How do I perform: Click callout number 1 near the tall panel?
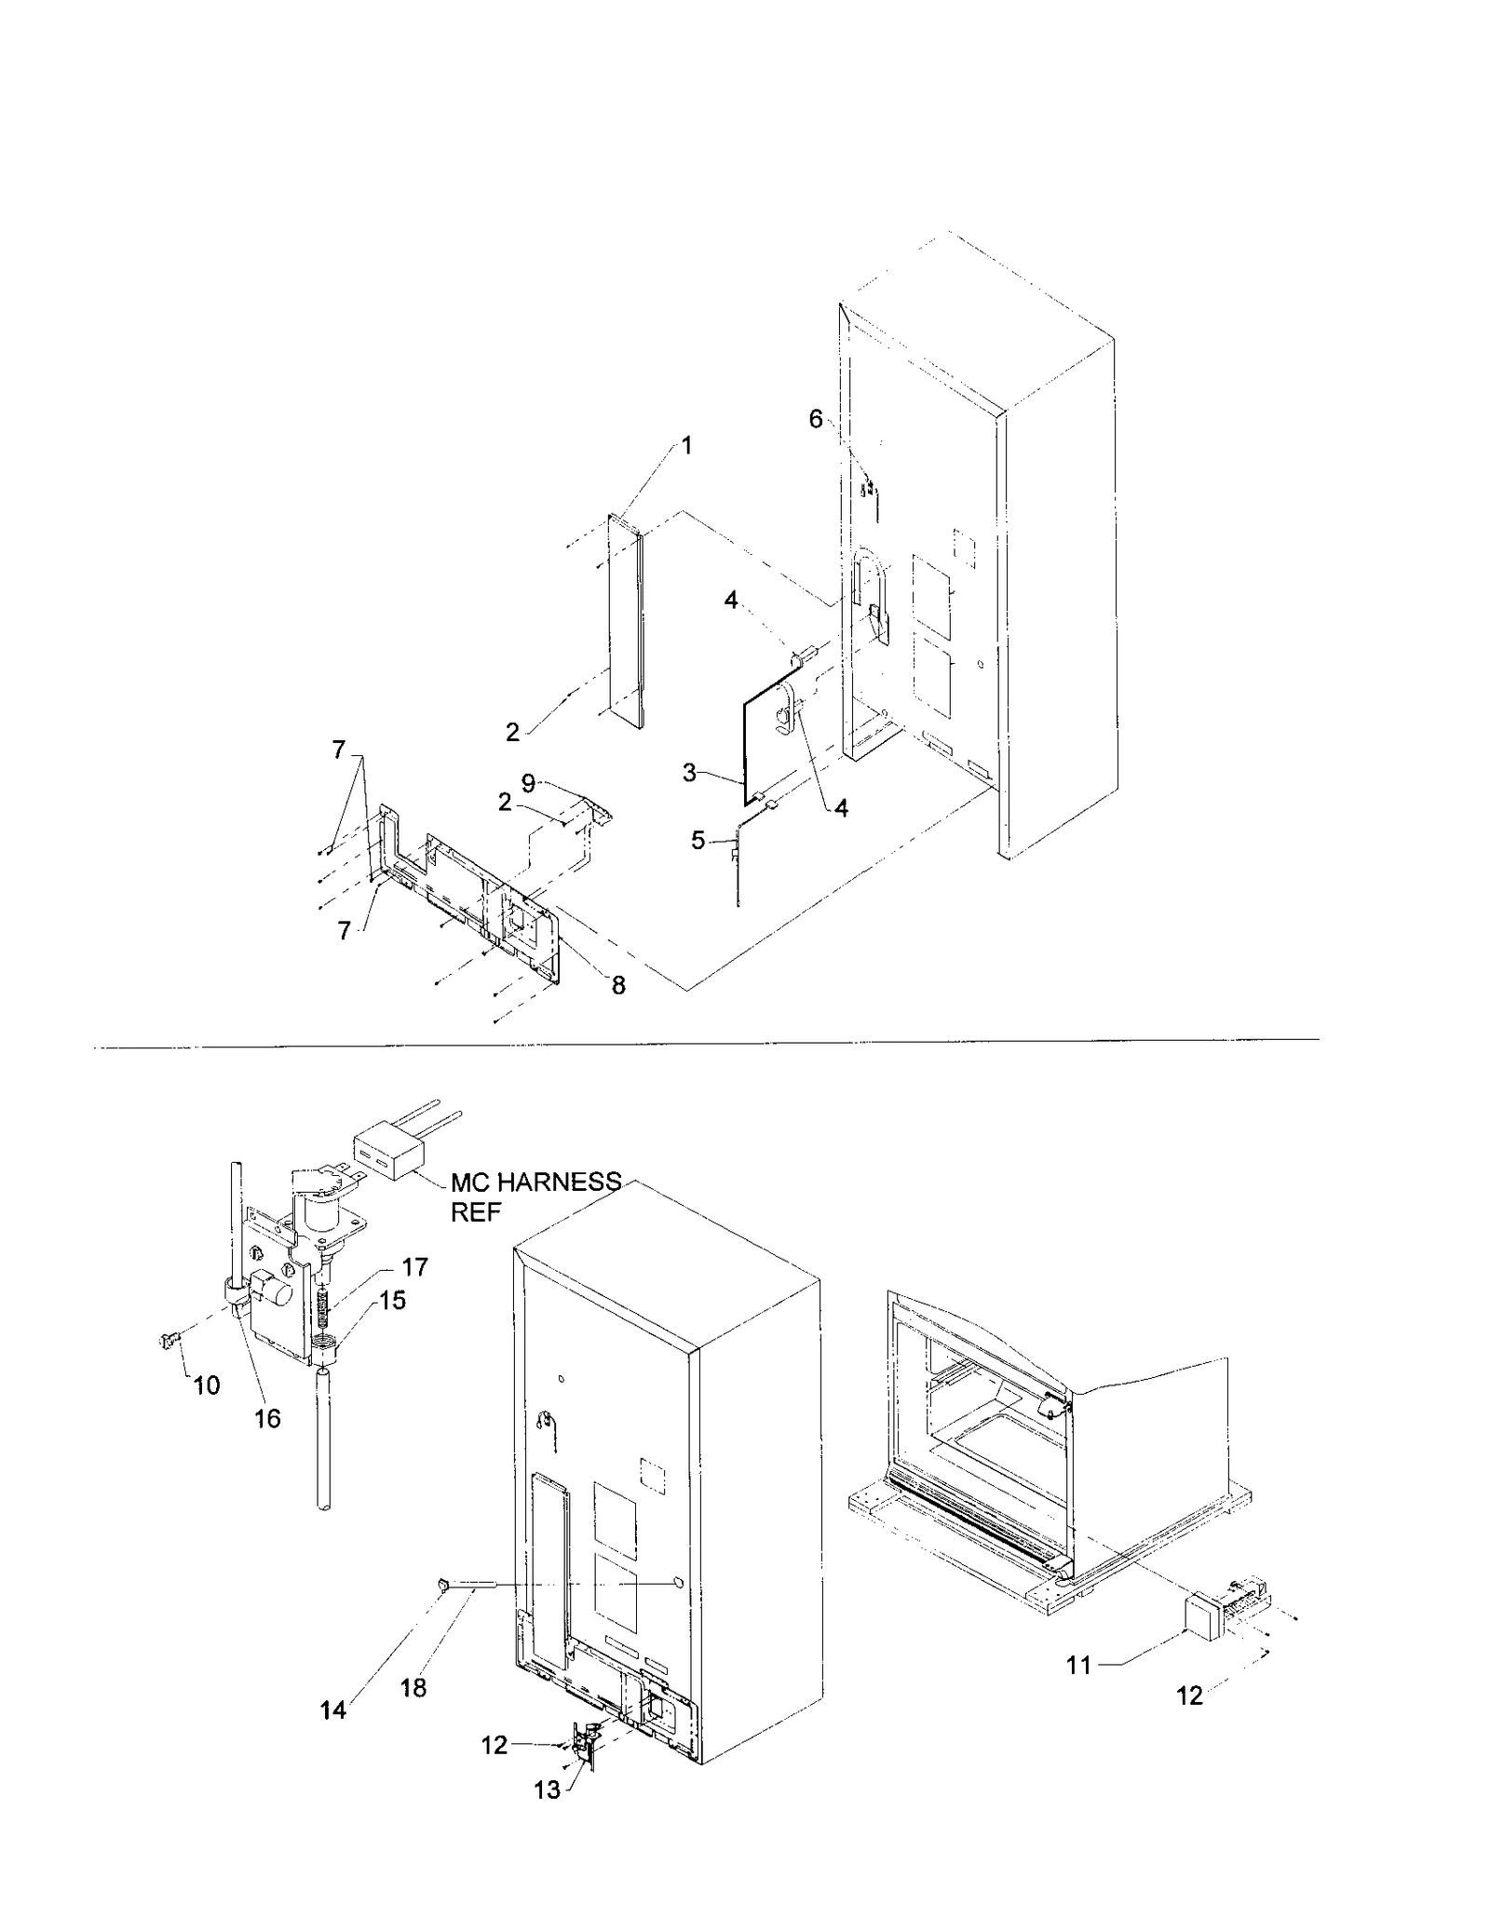(687, 446)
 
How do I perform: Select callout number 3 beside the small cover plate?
(689, 772)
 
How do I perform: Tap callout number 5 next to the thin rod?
(698, 841)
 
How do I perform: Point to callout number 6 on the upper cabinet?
(816, 419)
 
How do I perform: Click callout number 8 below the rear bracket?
(619, 985)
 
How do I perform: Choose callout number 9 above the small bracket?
(528, 783)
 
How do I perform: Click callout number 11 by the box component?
(1078, 1665)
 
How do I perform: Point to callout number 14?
(333, 1709)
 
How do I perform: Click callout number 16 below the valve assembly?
(267, 1418)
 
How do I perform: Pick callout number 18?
(413, 1688)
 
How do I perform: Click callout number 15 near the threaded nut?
(393, 1300)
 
